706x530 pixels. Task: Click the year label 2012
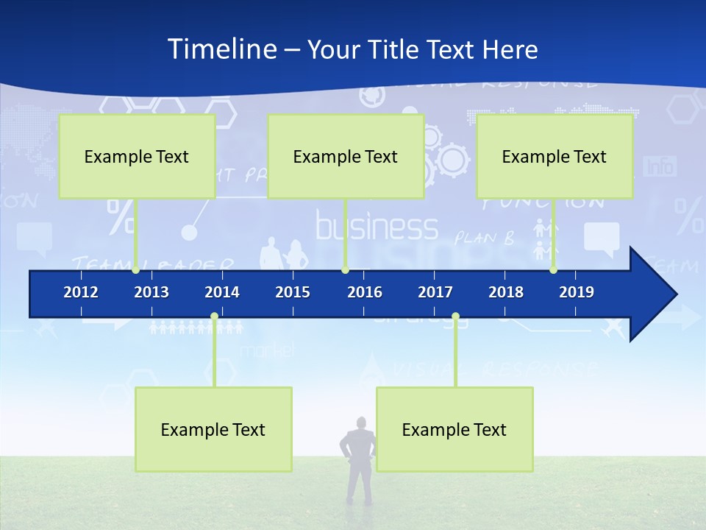[81, 292]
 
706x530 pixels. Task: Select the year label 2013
[151, 292]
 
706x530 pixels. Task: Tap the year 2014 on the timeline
[222, 292]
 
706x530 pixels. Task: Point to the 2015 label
[293, 292]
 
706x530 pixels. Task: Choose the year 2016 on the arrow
[365, 292]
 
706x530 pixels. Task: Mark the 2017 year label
[435, 292]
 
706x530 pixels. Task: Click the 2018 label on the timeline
[506, 292]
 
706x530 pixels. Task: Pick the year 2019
[577, 292]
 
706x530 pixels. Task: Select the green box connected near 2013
[137, 156]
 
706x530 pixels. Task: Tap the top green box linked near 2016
[346, 156]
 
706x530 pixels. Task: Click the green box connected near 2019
[555, 156]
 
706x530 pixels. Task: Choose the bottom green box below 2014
[213, 429]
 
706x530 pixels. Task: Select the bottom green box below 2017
[454, 429]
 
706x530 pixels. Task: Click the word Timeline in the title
[221, 49]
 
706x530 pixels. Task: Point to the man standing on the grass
[358, 460]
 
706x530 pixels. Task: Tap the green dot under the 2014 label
[214, 317]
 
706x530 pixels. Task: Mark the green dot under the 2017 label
[455, 317]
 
